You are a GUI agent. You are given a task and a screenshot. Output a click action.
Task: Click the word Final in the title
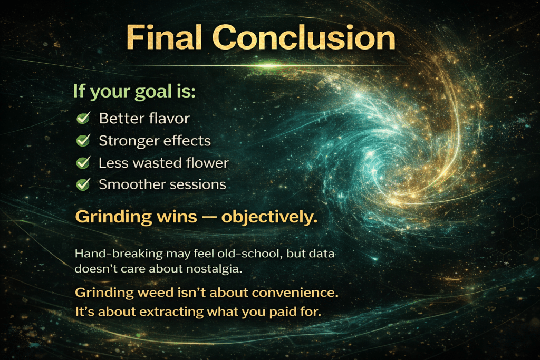click(x=164, y=37)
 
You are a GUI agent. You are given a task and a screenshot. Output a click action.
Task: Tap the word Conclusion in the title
click(x=304, y=37)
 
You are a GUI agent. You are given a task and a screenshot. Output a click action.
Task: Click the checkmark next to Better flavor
click(x=83, y=118)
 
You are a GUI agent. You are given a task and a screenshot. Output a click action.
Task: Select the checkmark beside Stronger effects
click(x=83, y=140)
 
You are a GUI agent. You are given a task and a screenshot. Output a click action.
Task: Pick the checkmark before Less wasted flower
click(x=83, y=162)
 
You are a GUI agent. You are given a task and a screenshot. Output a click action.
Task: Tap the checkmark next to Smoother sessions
click(x=83, y=184)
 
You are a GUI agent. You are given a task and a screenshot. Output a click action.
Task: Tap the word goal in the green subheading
click(x=153, y=92)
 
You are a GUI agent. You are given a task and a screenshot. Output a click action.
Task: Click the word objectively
click(x=269, y=217)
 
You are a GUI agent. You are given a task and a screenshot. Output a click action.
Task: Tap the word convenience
click(x=295, y=293)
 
